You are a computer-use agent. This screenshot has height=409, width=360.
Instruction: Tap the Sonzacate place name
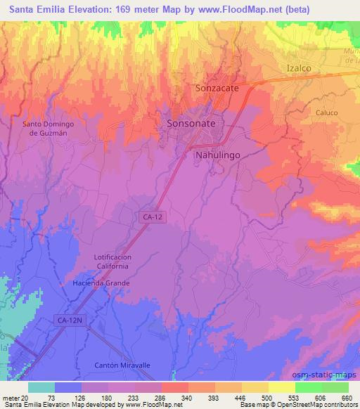pos(218,89)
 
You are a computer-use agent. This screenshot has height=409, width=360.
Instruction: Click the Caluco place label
pos(326,112)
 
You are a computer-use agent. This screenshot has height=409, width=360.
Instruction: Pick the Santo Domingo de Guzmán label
pos(49,129)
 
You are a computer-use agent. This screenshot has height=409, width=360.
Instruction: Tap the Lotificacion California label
pos(113,262)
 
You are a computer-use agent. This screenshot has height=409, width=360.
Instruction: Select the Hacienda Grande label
pos(106,283)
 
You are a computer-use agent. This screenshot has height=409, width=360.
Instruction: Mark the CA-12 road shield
pos(150,219)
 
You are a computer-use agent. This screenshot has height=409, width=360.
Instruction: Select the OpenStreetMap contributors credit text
pos(318,405)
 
